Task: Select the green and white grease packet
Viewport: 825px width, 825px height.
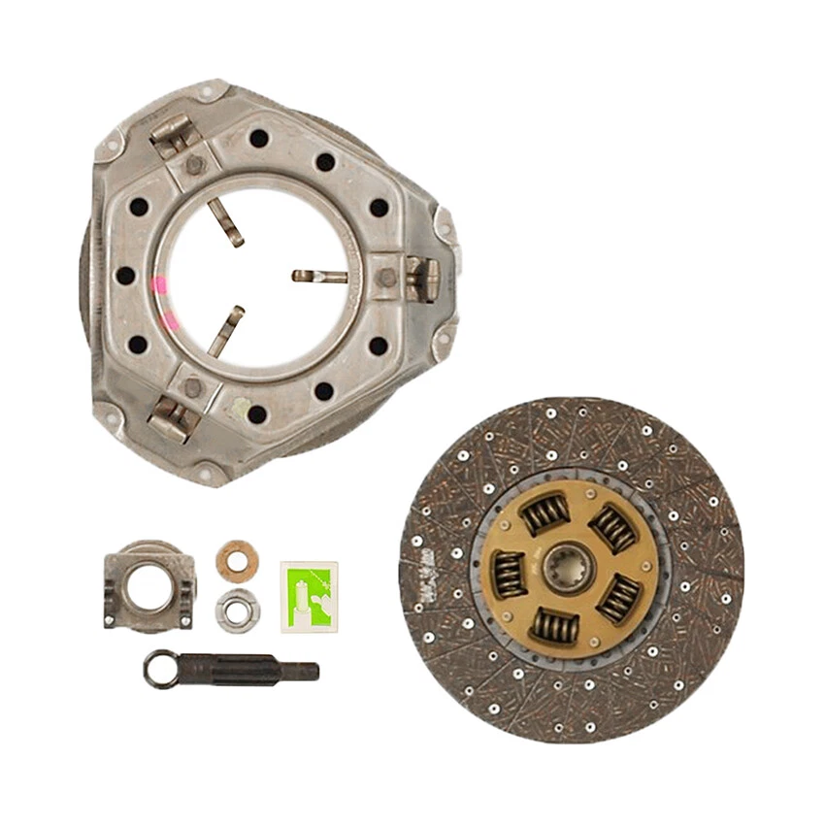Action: (x=309, y=595)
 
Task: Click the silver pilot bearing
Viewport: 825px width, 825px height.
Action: (x=237, y=610)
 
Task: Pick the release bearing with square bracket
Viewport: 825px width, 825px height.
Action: (x=148, y=585)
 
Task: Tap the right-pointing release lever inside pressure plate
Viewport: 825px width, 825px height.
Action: (x=319, y=277)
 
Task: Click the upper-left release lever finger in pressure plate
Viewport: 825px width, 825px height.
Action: (x=227, y=222)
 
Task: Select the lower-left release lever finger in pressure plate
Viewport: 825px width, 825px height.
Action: (x=225, y=332)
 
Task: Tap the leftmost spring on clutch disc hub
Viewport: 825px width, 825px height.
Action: (x=509, y=574)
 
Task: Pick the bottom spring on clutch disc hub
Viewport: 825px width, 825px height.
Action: (x=554, y=626)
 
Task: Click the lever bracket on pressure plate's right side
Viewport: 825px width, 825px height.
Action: (x=421, y=278)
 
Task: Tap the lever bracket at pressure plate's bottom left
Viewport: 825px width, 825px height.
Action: (x=173, y=419)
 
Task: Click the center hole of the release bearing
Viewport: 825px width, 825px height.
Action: (x=149, y=586)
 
